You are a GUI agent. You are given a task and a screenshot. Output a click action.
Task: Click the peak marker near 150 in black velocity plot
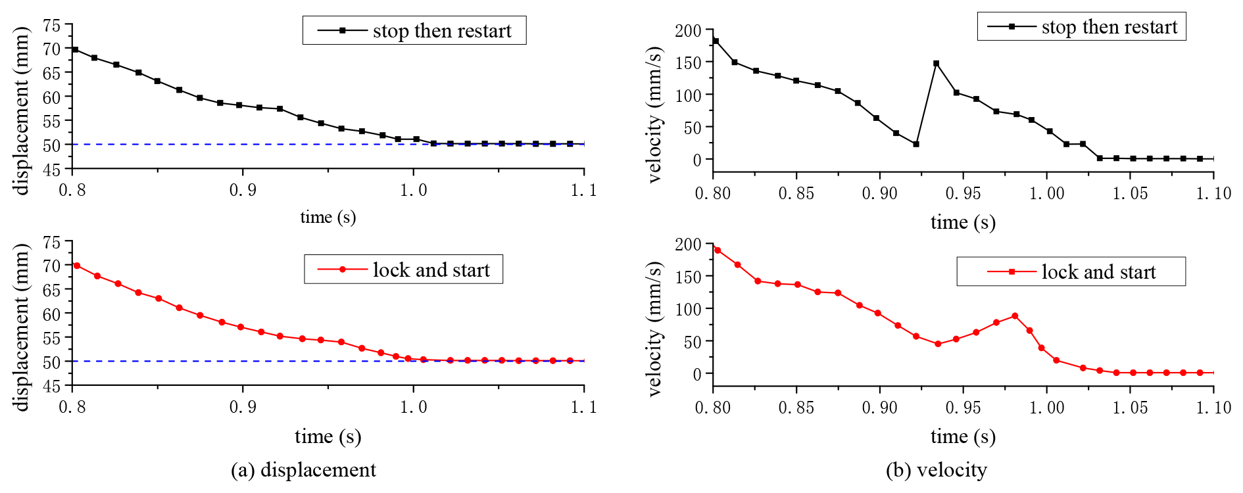pyautogui.click(x=936, y=64)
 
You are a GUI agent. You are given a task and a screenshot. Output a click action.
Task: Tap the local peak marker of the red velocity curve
pyautogui.click(x=1015, y=316)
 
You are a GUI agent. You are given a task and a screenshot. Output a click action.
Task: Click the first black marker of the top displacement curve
pyautogui.click(x=75, y=50)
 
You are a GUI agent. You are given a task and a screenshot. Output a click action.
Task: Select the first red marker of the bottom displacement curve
pyautogui.click(x=77, y=266)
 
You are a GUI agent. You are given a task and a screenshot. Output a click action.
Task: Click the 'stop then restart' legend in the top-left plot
pyautogui.click(x=414, y=30)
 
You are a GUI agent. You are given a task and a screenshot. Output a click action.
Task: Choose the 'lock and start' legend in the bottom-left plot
pyautogui.click(x=403, y=270)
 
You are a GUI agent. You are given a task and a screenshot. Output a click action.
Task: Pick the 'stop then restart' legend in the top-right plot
pyautogui.click(x=1081, y=26)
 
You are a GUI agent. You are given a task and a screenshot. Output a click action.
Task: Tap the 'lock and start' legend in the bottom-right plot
pyautogui.click(x=1071, y=271)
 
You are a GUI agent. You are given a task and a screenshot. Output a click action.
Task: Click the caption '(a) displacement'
pyautogui.click(x=303, y=470)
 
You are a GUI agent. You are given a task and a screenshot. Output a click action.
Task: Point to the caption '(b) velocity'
pyautogui.click(x=936, y=470)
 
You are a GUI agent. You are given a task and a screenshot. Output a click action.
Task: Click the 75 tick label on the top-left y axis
pyautogui.click(x=51, y=26)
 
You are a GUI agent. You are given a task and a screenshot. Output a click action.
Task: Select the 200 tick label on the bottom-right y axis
pyautogui.click(x=688, y=245)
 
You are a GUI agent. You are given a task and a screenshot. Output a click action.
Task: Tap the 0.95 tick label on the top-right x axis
pyautogui.click(x=963, y=193)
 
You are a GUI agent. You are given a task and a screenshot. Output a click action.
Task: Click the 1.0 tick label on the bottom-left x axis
pyautogui.click(x=413, y=407)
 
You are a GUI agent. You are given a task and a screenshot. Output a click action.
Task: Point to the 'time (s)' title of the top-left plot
pyautogui.click(x=328, y=217)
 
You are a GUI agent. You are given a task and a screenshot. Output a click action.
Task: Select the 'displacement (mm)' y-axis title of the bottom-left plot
pyautogui.click(x=22, y=327)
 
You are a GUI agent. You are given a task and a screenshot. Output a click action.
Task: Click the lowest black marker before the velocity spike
pyautogui.click(x=916, y=144)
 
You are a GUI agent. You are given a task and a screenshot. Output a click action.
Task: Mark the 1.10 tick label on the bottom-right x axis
pyautogui.click(x=1213, y=408)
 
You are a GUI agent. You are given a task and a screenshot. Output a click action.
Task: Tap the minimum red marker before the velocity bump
pyautogui.click(x=938, y=344)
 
